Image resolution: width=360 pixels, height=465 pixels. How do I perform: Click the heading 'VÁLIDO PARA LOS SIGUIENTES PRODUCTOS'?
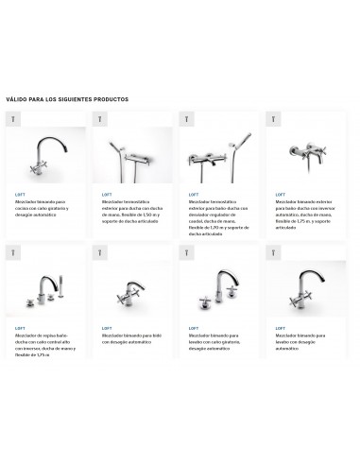pyautogui.click(x=67, y=98)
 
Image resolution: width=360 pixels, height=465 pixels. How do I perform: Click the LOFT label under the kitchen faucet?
pyautogui.click(x=20, y=194)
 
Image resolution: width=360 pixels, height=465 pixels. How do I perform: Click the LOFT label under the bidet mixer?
pyautogui.click(x=107, y=327)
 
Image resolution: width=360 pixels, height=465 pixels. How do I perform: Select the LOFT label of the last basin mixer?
pyautogui.click(x=281, y=327)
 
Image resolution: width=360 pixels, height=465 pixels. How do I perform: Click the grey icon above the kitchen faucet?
pyautogui.click(x=13, y=120)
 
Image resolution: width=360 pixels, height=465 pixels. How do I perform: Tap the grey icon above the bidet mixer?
pyautogui.click(x=100, y=252)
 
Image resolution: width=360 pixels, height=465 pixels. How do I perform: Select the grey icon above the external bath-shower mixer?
pyautogui.click(x=274, y=120)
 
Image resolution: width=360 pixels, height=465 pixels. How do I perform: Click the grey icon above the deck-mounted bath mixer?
pyautogui.click(x=13, y=252)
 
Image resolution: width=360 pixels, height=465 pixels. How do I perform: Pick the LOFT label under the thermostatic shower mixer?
pyautogui.click(x=107, y=194)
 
